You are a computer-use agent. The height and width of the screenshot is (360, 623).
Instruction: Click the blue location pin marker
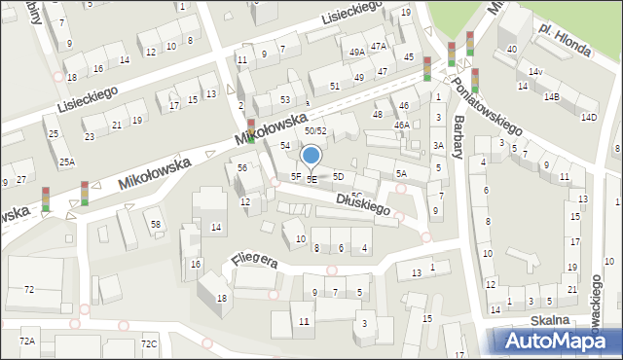tap(311, 157)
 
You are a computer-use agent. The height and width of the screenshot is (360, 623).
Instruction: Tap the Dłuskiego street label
tap(362, 202)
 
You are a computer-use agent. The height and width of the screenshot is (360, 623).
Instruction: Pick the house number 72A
tap(26, 341)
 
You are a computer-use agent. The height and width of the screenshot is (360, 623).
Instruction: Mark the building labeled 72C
tap(148, 343)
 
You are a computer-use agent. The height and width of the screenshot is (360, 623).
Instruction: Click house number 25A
tap(66, 162)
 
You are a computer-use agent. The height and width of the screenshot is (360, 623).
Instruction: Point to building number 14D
tap(588, 118)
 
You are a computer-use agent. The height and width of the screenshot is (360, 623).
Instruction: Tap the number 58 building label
tap(155, 225)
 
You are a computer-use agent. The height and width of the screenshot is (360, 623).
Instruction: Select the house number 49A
tap(357, 52)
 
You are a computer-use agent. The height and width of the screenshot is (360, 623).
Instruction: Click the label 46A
tap(401, 126)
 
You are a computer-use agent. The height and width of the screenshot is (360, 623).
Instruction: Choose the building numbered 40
tap(511, 50)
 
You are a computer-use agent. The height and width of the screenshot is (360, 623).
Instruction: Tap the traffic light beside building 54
tap(251, 129)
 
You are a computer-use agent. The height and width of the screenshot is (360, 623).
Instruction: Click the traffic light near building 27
tap(84, 193)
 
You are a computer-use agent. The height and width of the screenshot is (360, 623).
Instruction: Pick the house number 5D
tap(338, 176)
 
